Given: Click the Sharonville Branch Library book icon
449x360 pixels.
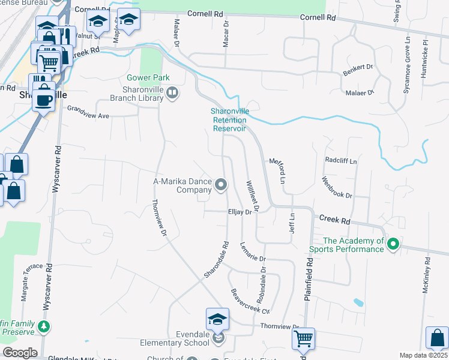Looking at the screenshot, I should coord(172,92).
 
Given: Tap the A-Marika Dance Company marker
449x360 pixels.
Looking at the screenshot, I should coord(221,185).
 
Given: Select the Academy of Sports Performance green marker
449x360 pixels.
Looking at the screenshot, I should coord(393,244).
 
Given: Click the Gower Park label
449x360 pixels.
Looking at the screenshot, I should coord(148,78).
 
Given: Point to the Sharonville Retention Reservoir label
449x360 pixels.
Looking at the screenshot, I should coord(229,119).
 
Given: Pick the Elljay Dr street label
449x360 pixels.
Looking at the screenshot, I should coord(239,211).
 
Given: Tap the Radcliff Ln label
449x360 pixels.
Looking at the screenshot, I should coord(341,161).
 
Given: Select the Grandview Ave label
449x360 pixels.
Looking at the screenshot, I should coord(88,112).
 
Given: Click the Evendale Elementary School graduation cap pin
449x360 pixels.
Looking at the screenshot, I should coord(217,320).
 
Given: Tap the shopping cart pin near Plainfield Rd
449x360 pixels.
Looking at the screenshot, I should coord(304,338).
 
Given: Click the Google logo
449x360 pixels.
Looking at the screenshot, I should coord(20,352).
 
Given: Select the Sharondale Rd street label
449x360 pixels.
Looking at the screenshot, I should coord(217,259).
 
